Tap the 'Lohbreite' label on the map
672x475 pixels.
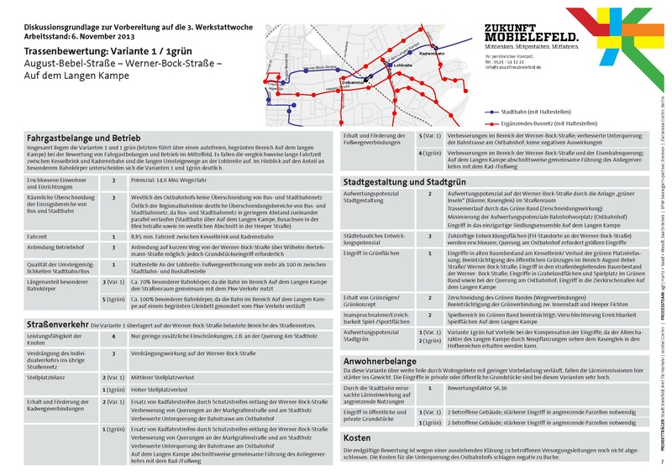(x=404, y=65)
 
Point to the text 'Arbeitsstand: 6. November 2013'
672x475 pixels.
(x=72, y=35)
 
